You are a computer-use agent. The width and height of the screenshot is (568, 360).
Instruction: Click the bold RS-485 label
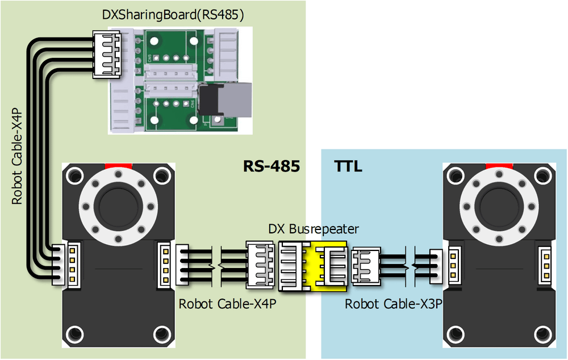pyautogui.click(x=272, y=166)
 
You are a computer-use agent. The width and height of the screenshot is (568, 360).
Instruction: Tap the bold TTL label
pyautogui.click(x=347, y=166)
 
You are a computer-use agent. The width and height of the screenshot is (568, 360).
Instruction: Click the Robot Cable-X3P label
pyautogui.click(x=394, y=304)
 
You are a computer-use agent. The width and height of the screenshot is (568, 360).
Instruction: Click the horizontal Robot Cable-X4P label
pyautogui.click(x=228, y=304)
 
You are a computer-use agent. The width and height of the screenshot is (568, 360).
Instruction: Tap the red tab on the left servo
pyautogui.click(x=118, y=166)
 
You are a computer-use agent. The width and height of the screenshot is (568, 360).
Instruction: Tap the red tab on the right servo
pyautogui.click(x=500, y=166)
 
